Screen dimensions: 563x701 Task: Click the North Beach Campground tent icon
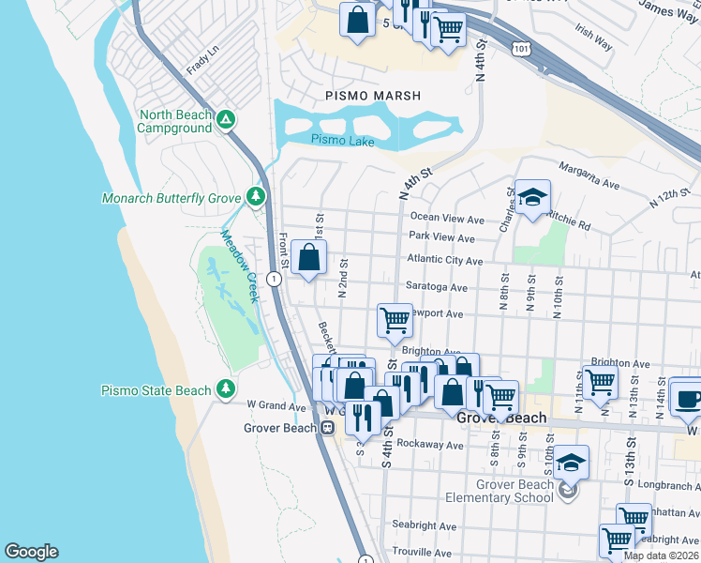(226, 120)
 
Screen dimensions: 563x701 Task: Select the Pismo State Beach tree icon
(226, 388)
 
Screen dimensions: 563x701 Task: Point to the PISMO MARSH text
(373, 96)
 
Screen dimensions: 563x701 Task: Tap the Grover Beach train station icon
(328, 428)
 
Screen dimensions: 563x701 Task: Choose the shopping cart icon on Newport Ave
(395, 320)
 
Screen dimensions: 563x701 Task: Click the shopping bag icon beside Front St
(308, 257)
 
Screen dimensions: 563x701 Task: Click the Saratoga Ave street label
(436, 287)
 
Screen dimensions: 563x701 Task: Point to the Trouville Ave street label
(426, 552)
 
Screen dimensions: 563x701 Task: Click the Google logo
(31, 552)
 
